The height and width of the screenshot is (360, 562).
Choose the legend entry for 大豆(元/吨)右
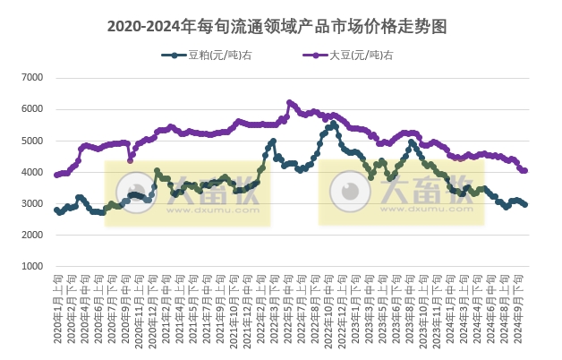click(360, 56)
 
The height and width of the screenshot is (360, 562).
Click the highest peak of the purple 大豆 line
click(289, 102)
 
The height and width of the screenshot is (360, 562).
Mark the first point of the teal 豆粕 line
click(56, 210)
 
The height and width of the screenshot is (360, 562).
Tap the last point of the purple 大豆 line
click(525, 170)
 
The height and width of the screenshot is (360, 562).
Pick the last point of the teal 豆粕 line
click(525, 205)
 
